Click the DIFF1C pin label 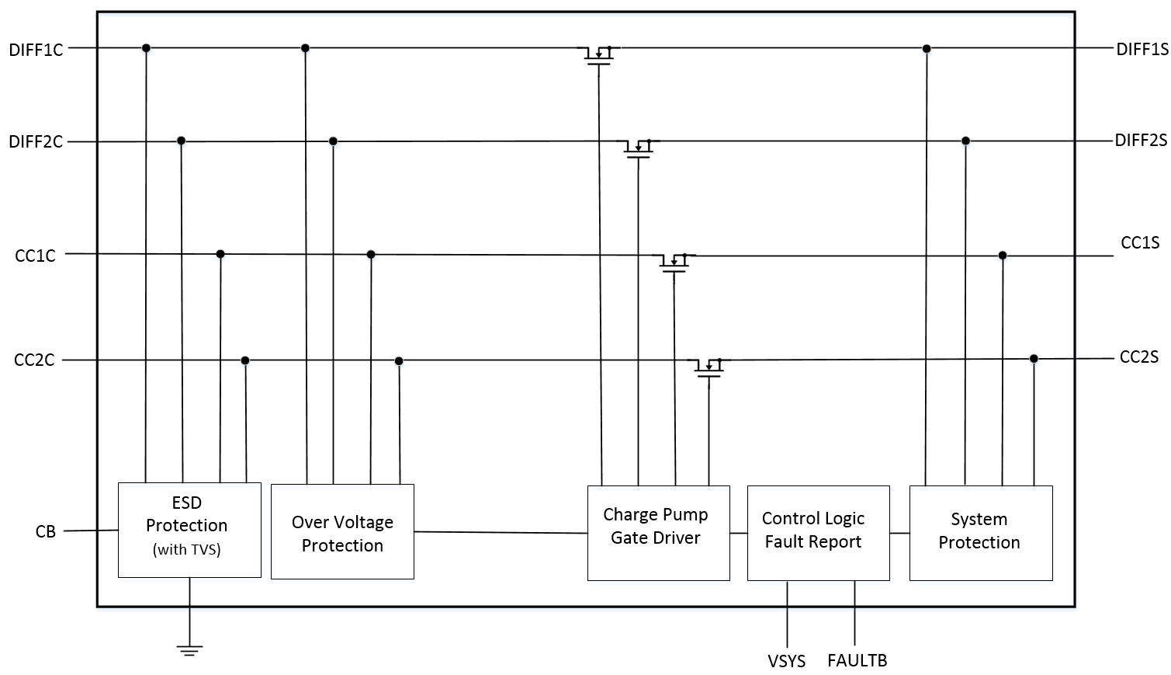36,50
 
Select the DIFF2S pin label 1141,141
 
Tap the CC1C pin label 35,256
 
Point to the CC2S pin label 1138,357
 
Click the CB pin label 46,532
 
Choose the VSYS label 786,661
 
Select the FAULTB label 857,660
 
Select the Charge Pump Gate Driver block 658,533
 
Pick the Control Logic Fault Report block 818,533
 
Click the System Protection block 980,533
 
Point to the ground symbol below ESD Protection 189,649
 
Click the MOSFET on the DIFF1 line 599,54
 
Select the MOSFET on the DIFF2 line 638,148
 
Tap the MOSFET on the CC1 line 674,261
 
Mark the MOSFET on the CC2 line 708,366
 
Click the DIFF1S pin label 1142,50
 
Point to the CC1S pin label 1139,243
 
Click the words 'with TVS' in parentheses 187,550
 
